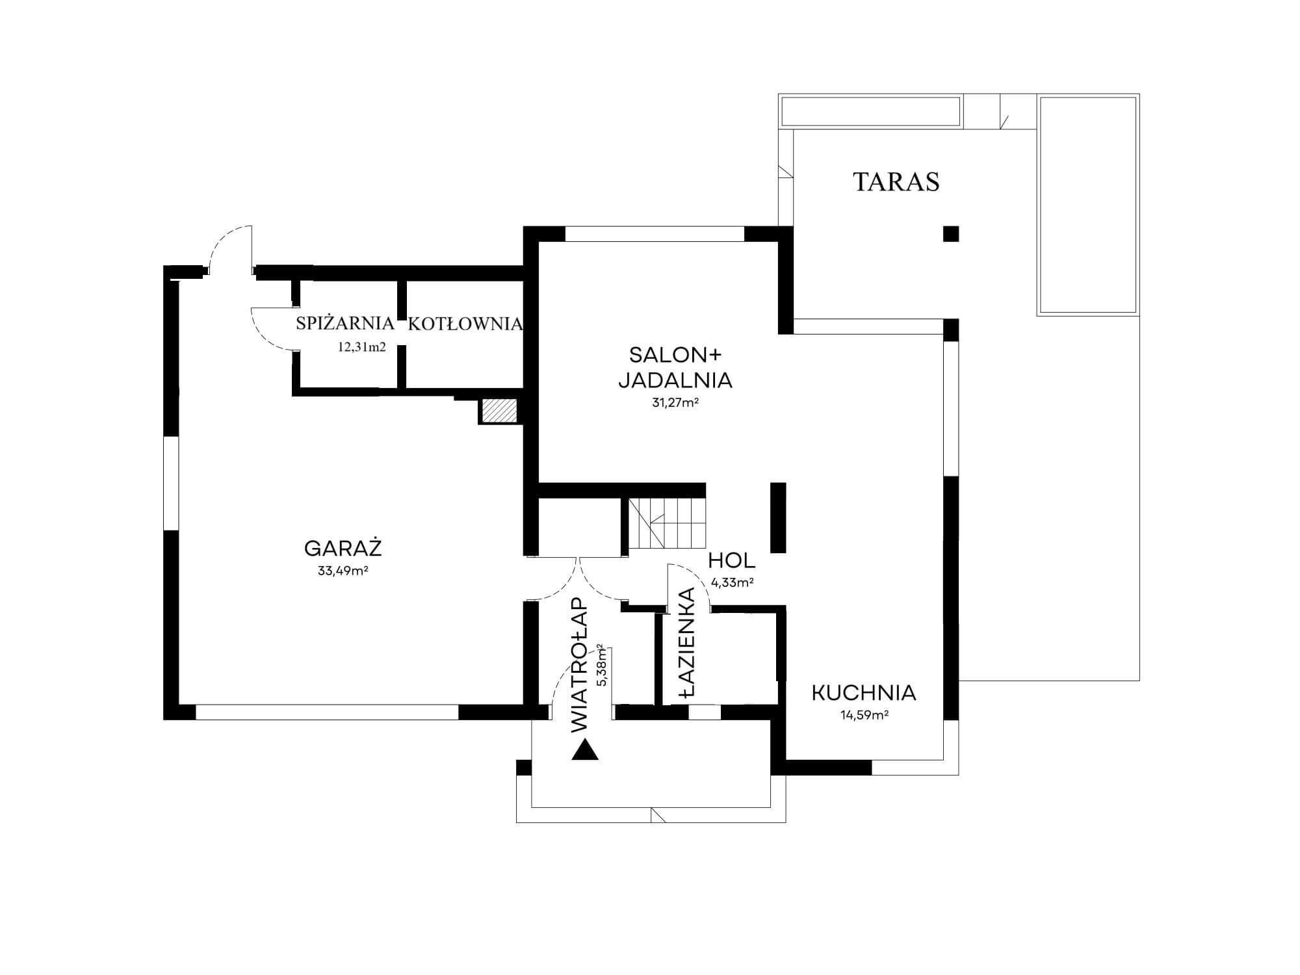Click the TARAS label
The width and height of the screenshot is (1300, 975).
pyautogui.click(x=896, y=182)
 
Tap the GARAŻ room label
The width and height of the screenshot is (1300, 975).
pyautogui.click(x=343, y=549)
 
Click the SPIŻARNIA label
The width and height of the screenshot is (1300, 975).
pyautogui.click(x=344, y=323)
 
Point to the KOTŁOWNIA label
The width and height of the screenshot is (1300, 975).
pyautogui.click(x=465, y=324)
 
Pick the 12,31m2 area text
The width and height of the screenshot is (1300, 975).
pyautogui.click(x=361, y=347)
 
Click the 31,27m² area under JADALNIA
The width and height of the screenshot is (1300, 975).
pyautogui.click(x=675, y=402)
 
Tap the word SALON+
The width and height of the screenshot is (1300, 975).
pyautogui.click(x=675, y=355)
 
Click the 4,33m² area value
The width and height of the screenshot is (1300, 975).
pyautogui.click(x=733, y=582)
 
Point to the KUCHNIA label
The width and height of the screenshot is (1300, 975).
pyautogui.click(x=864, y=693)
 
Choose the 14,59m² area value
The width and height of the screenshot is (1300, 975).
pyautogui.click(x=864, y=716)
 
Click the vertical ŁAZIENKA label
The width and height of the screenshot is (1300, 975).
pyautogui.click(x=687, y=642)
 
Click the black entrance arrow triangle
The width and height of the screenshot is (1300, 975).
pyautogui.click(x=585, y=750)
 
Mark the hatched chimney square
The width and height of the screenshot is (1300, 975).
pyautogui.click(x=499, y=411)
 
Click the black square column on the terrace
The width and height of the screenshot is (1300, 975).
pyautogui.click(x=951, y=233)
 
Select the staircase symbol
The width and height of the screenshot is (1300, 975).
pyautogui.click(x=667, y=523)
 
